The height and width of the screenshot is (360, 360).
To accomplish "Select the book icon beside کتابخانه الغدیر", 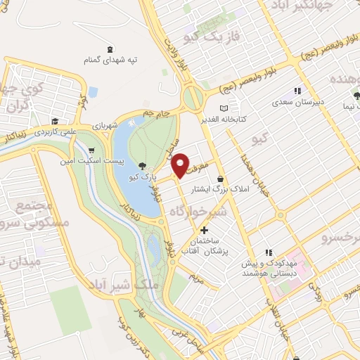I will (224, 108).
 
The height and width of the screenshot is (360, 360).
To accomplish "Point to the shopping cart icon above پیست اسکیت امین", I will (91, 150).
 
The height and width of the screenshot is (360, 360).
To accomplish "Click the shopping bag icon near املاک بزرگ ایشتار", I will (221, 180).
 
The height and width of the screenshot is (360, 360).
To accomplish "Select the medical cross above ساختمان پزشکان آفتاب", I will (204, 230).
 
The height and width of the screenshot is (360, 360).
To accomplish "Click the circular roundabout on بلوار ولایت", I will (191, 97).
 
